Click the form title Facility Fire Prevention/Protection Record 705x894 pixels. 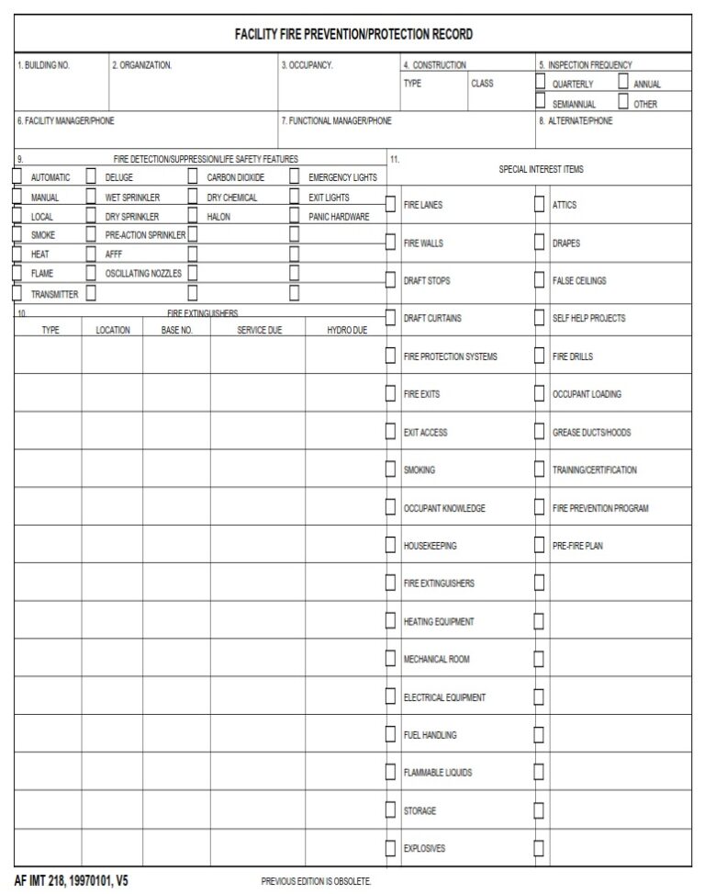353,35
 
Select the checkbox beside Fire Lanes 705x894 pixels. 391,205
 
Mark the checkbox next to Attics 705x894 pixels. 540,205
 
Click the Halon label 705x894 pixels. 218,217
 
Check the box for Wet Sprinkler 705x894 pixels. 91,197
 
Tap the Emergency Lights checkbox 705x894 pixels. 295,176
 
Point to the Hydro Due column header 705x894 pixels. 347,330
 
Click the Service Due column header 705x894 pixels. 260,330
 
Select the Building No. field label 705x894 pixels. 44,65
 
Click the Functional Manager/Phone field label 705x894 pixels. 336,120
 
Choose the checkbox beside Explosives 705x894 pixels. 391,848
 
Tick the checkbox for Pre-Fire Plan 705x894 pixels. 540,546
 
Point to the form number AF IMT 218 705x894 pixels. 72,880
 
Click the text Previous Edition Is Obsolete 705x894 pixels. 317,881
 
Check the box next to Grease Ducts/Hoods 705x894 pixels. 540,432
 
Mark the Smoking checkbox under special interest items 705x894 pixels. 391,470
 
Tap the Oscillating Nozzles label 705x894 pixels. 143,273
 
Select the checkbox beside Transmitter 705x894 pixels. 17,294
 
